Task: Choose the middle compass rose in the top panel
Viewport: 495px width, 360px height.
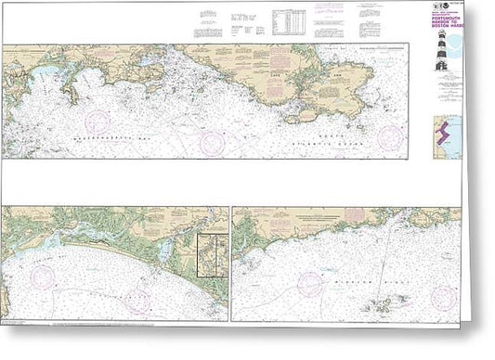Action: (x=213, y=143)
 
